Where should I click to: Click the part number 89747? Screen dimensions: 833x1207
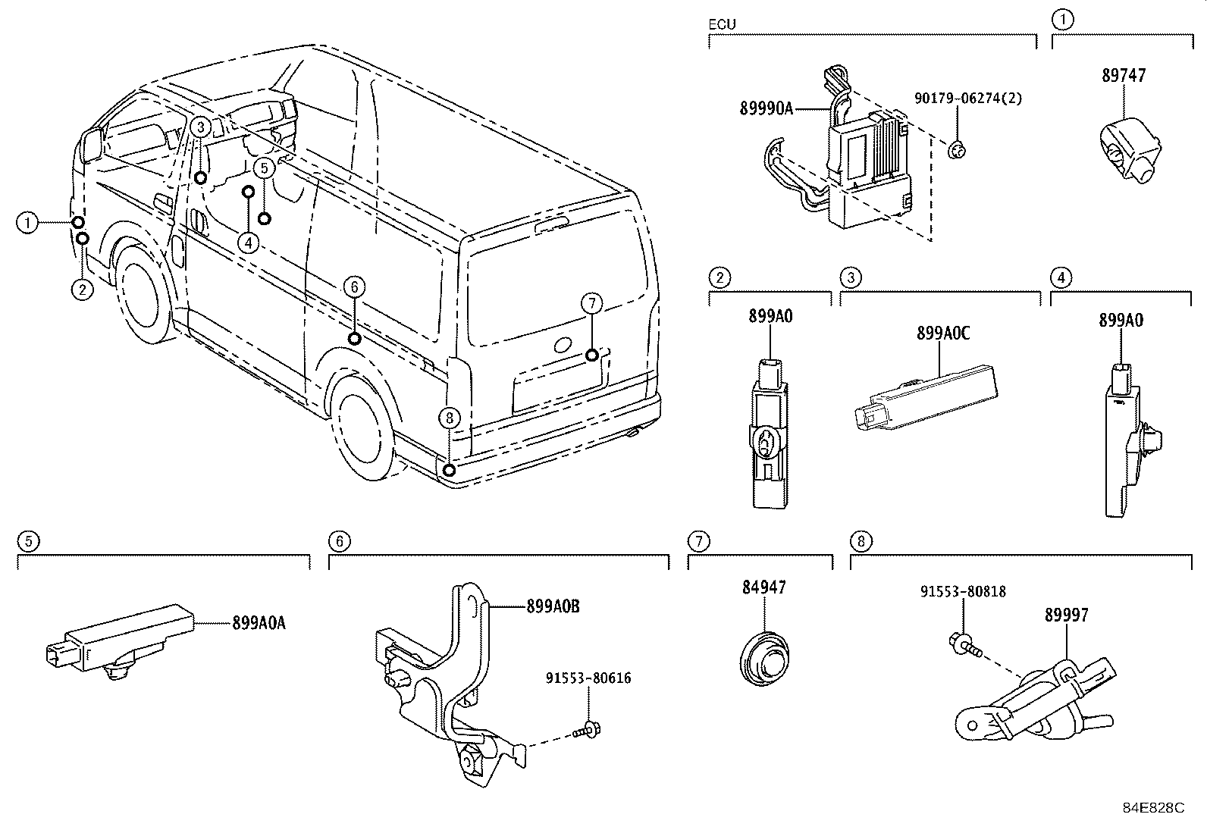(x=1123, y=76)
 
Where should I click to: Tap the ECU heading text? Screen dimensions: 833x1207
(x=722, y=25)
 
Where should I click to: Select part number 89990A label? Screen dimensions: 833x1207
(x=766, y=109)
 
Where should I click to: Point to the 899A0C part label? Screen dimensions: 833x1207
(x=942, y=333)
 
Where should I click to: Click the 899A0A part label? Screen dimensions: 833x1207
(x=259, y=623)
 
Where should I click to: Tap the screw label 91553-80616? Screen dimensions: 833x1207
(x=588, y=678)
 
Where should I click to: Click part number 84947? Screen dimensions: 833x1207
(x=763, y=587)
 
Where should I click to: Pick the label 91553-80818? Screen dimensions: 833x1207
(x=963, y=591)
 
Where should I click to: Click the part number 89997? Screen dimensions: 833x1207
(x=1066, y=615)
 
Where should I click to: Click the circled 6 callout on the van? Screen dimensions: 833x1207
(x=353, y=287)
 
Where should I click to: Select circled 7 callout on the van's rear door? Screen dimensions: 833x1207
(x=591, y=303)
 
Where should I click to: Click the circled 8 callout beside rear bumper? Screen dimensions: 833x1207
(x=449, y=417)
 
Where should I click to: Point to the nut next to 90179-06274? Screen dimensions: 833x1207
(x=957, y=149)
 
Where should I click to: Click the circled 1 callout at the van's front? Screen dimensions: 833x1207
(x=27, y=223)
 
